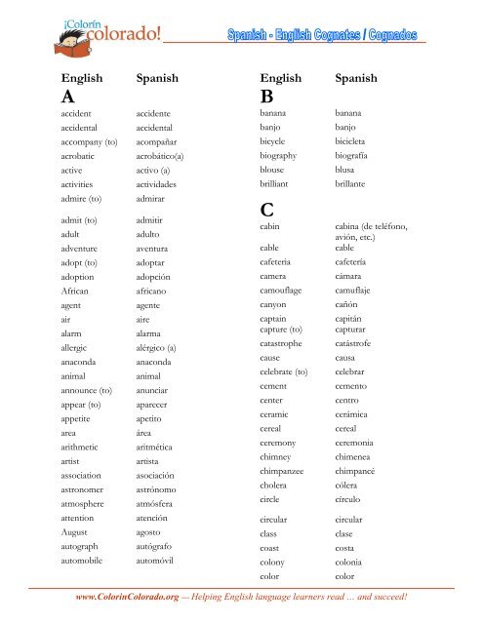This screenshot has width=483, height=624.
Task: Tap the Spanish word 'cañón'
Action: pos(351,304)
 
